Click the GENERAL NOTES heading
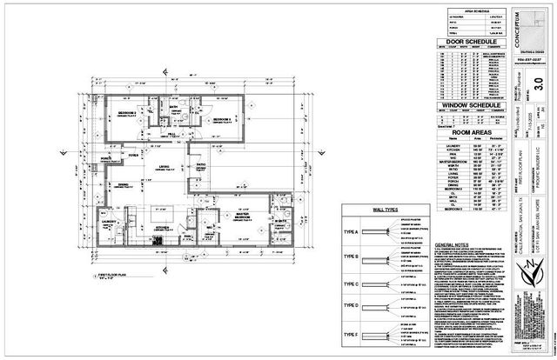tap(456, 246)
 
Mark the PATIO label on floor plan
tap(199, 164)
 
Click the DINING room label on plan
tap(124, 183)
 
